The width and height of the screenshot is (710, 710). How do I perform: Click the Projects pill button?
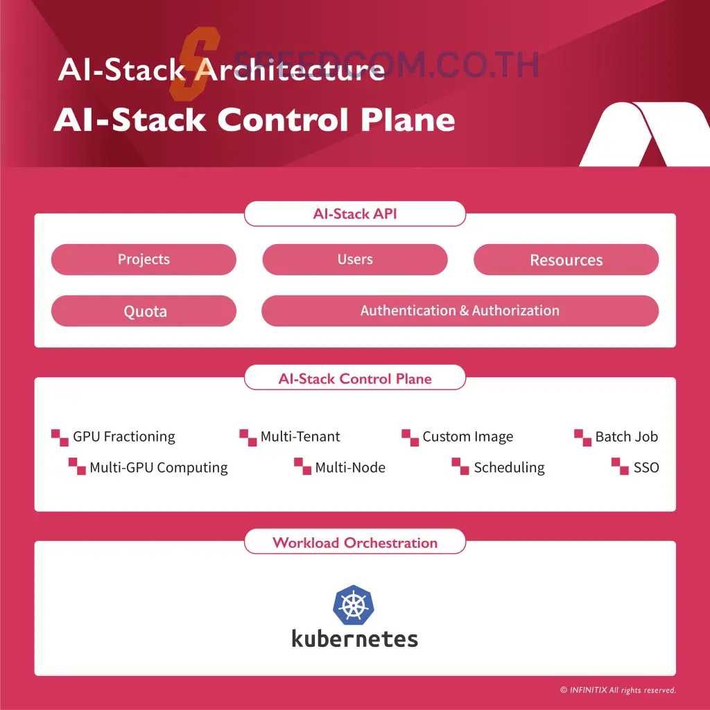144,259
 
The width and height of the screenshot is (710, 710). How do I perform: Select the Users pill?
355,259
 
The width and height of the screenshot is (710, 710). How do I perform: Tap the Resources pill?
566,260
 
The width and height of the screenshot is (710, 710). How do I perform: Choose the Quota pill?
144,311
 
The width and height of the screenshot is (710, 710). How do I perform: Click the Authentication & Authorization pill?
460,311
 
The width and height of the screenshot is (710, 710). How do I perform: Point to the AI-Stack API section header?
355,214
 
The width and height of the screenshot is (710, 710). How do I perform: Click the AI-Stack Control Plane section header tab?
355,379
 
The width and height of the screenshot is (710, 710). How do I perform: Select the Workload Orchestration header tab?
355,543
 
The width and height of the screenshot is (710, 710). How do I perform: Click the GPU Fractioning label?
123,437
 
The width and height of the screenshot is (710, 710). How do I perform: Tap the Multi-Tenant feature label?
300,437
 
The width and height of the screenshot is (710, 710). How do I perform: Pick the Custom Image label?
467,437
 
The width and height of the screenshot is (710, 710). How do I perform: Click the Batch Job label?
626,437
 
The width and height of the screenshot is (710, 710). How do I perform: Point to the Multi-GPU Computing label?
158,467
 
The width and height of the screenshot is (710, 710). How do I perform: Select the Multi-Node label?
349,467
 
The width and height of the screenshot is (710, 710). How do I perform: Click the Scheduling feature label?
509,467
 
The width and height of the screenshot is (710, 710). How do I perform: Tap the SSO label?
646,467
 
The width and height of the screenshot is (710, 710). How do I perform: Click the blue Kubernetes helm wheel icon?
354,605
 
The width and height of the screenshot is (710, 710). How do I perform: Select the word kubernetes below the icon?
354,638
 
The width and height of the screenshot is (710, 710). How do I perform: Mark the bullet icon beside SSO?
620,466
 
